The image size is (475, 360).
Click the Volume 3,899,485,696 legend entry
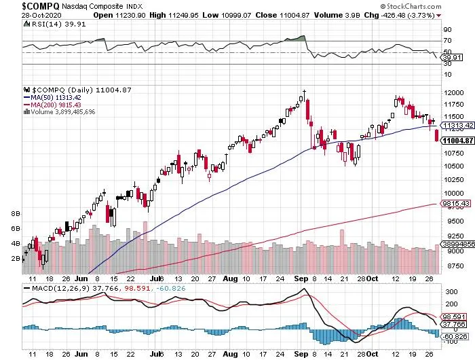click(62, 112)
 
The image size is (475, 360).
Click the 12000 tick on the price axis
click(453, 92)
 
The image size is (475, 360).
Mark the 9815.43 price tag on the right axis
click(454, 202)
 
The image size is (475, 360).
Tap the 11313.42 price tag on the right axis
click(455, 126)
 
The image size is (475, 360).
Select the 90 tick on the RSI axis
click(448, 30)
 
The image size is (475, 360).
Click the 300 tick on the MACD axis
click(449, 291)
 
